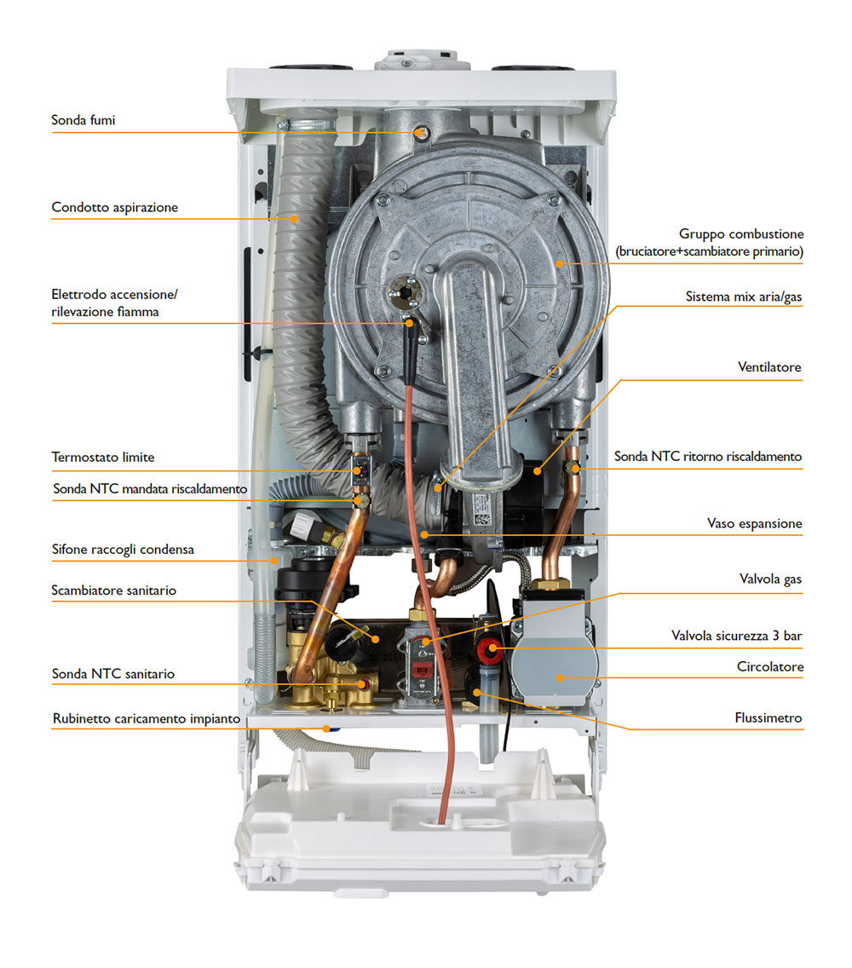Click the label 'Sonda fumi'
(x=83, y=120)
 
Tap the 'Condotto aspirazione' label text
(x=114, y=207)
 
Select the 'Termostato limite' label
(x=102, y=458)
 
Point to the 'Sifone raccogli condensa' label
(x=123, y=550)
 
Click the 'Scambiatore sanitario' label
(x=113, y=590)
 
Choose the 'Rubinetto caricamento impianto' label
(x=146, y=718)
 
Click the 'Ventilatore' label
(x=769, y=367)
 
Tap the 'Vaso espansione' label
(x=754, y=523)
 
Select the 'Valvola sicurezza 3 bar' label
(x=737, y=636)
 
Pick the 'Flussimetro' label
(x=769, y=718)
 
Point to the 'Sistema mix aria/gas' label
(x=744, y=297)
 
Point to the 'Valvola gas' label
(x=770, y=579)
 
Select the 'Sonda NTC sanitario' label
(x=112, y=674)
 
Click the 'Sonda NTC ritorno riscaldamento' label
(x=708, y=457)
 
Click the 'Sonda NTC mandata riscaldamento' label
(x=149, y=489)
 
